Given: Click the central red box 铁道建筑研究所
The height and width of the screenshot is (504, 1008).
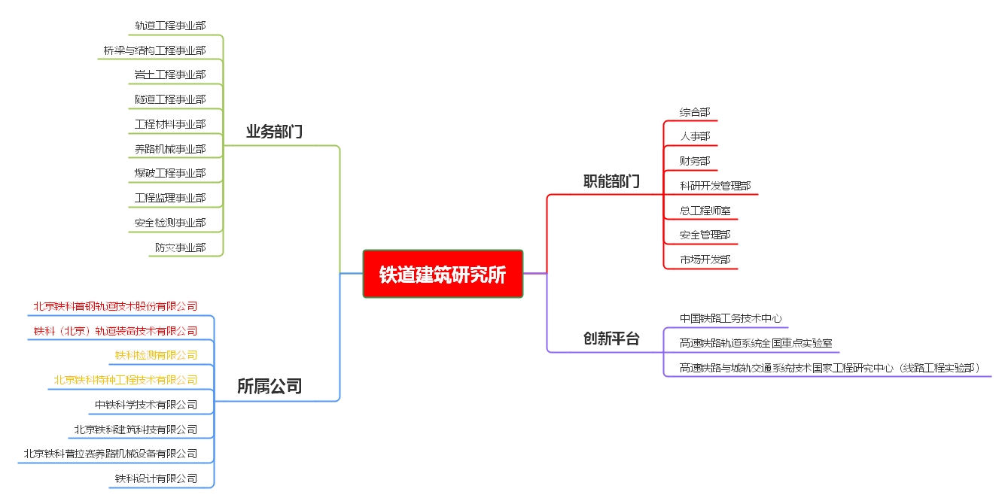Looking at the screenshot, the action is [443, 274].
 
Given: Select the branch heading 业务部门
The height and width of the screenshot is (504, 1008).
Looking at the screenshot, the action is [274, 132].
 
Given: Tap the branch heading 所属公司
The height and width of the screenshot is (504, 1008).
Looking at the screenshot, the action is [270, 386].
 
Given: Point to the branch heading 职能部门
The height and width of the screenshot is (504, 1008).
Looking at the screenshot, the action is [611, 181].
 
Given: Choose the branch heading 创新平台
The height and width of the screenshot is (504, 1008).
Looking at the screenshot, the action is [611, 338].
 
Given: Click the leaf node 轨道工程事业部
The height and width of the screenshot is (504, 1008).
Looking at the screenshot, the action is [170, 26].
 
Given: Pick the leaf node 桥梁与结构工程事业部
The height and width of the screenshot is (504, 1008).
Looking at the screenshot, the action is [154, 50].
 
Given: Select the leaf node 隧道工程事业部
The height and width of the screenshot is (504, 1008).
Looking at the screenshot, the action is [170, 99].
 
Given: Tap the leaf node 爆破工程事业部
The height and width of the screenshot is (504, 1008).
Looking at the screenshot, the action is [170, 173].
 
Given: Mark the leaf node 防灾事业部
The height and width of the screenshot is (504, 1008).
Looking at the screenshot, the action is [181, 247].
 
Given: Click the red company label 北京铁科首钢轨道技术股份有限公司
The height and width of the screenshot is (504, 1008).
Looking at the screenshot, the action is [115, 306].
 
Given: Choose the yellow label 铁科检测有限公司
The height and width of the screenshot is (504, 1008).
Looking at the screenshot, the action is [156, 355].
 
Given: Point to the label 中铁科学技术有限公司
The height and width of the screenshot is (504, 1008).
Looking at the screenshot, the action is [146, 405].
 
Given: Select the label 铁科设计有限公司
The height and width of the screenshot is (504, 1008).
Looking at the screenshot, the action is [156, 478].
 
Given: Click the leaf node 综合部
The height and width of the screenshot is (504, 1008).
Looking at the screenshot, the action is [695, 112].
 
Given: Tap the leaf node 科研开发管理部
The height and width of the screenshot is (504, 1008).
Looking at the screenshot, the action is [715, 186].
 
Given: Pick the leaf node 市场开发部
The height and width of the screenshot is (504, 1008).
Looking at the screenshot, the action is [705, 260].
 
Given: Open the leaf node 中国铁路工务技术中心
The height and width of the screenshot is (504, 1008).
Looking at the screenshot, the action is [731, 318].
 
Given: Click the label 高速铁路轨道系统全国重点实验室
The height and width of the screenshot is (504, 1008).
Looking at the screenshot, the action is [756, 344].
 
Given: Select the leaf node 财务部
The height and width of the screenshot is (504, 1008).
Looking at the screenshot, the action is [695, 161].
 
